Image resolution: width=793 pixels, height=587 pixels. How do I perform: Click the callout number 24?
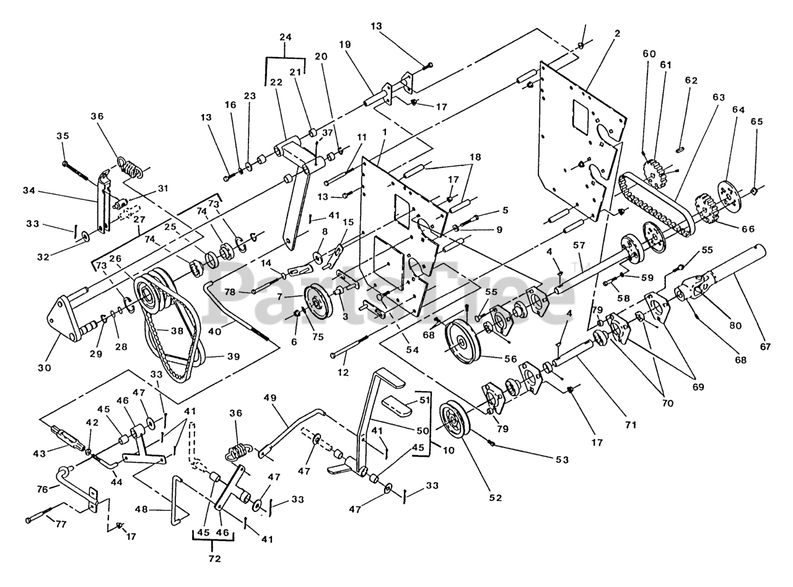pos(286,37)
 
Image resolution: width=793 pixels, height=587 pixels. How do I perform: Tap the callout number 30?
pos(45,368)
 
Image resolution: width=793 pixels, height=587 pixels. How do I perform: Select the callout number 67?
pos(765,346)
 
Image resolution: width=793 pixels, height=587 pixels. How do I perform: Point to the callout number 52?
pos(496,498)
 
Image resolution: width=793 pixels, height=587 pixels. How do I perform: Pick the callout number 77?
pos(61,524)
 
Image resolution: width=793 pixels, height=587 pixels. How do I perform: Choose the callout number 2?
pos(617,33)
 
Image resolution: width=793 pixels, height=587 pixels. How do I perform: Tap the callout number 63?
pos(718,97)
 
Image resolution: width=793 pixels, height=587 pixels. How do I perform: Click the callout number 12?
pos(343,373)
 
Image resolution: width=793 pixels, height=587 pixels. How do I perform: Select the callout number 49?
pos(270,397)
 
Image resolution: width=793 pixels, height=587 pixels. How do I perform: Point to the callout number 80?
pos(735,325)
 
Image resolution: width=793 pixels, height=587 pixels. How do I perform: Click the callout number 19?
pos(345,45)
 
